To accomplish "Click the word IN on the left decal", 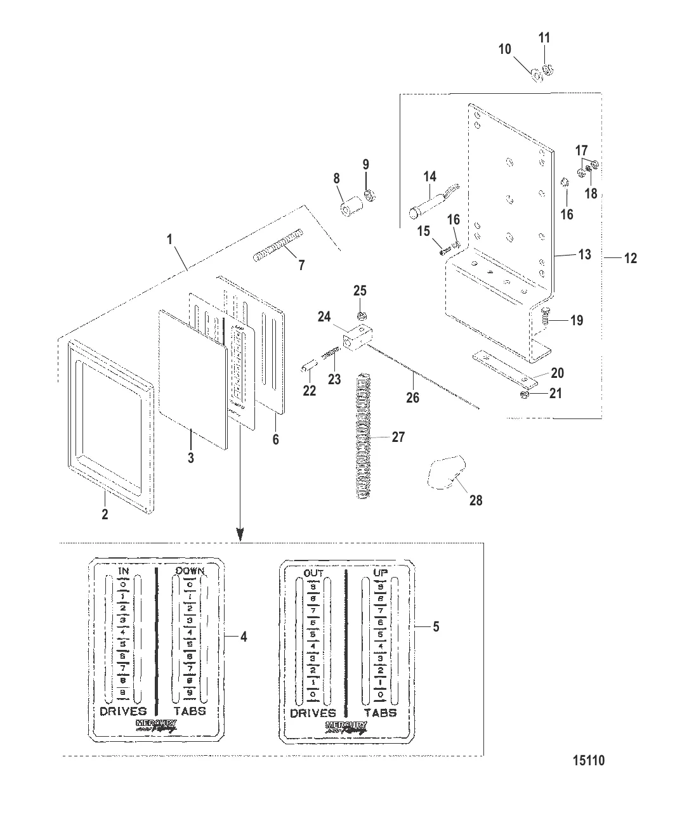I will point(124,572).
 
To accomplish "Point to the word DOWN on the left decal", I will point(190,572).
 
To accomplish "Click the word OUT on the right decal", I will point(313,574).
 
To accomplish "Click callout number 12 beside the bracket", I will point(631,258).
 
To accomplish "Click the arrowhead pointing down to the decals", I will point(240,535).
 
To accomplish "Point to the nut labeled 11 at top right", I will point(549,69).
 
